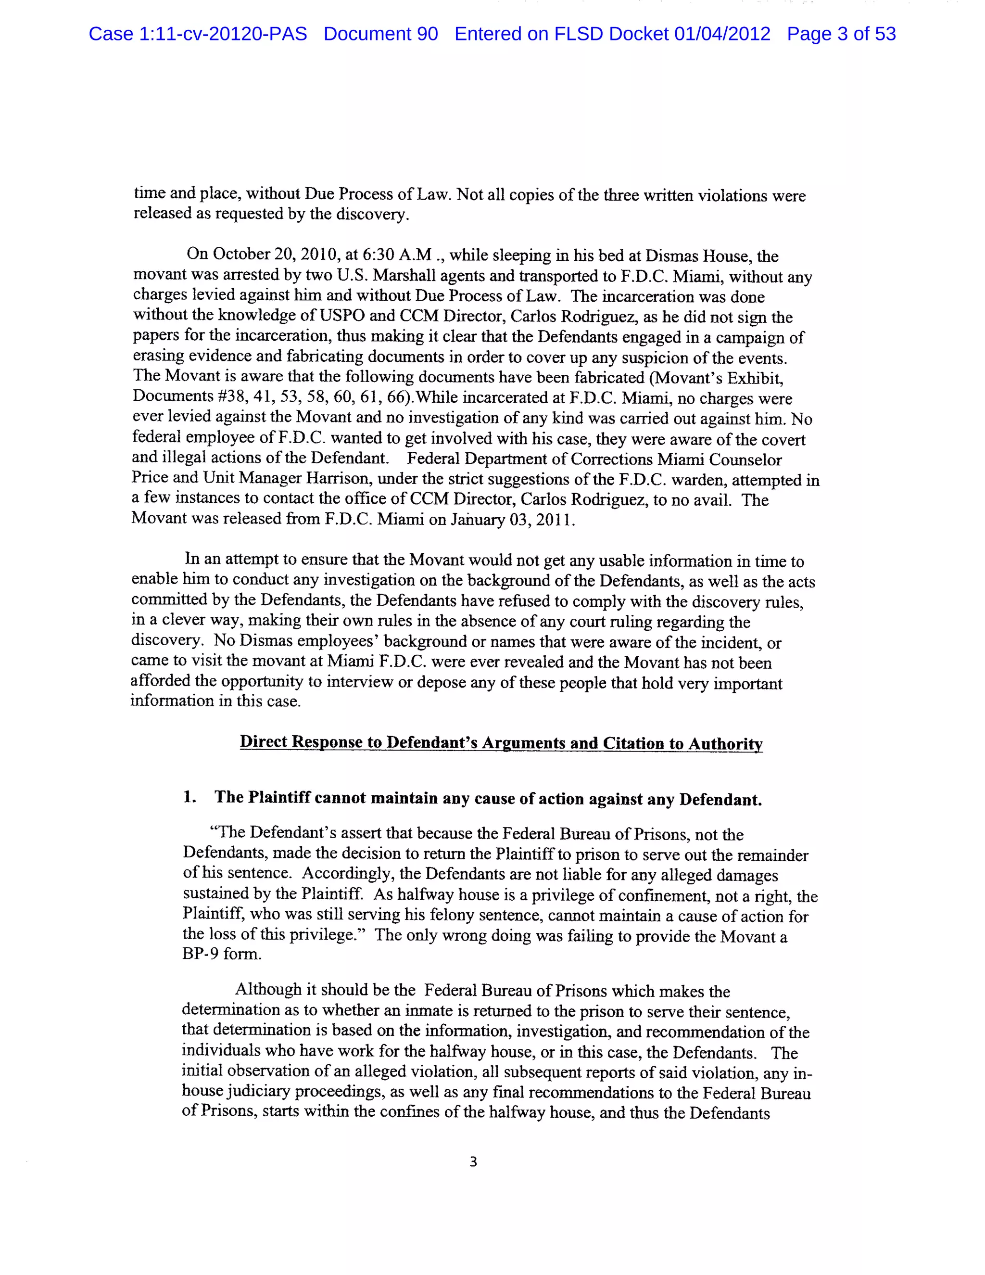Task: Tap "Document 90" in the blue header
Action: (x=380, y=34)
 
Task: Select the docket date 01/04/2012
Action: (x=722, y=34)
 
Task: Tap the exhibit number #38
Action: (x=227, y=396)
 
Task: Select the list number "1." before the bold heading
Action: (x=189, y=797)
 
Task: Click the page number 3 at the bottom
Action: (x=473, y=1162)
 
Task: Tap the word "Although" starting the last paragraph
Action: (x=268, y=990)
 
